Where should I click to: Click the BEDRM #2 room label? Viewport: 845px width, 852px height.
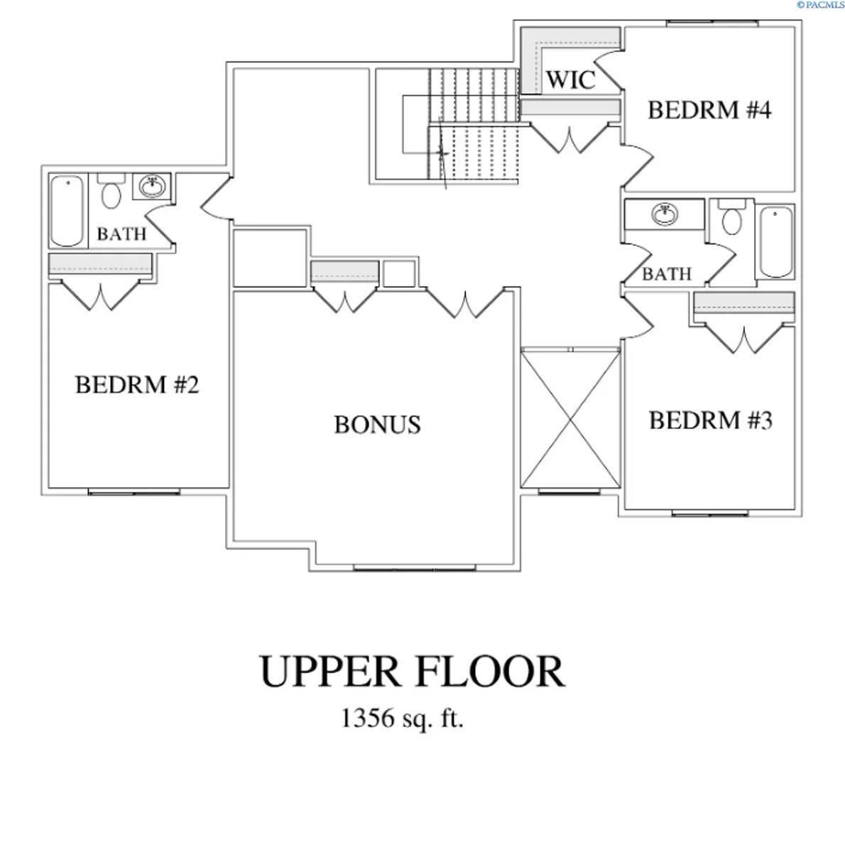point(137,386)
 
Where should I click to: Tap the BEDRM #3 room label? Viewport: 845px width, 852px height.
point(710,420)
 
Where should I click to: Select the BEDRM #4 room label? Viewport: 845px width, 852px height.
point(709,111)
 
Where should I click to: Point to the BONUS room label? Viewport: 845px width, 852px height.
point(377,425)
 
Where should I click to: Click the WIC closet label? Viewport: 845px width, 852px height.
point(570,80)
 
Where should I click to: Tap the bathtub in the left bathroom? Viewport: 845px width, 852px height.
point(67,210)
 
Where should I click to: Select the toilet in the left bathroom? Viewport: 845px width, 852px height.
point(110,192)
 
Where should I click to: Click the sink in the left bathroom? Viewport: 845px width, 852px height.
point(151,187)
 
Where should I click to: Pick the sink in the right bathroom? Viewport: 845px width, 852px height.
point(664,214)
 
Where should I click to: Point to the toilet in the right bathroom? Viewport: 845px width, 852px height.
point(731,218)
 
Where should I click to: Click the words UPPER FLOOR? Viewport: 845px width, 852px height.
point(412,672)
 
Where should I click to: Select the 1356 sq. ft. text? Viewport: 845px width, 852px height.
point(402,719)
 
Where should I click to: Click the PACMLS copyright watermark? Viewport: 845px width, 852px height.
point(819,4)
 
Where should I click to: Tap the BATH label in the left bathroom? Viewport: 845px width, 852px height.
point(121,234)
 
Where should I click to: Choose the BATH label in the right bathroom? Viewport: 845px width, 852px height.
point(666,274)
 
